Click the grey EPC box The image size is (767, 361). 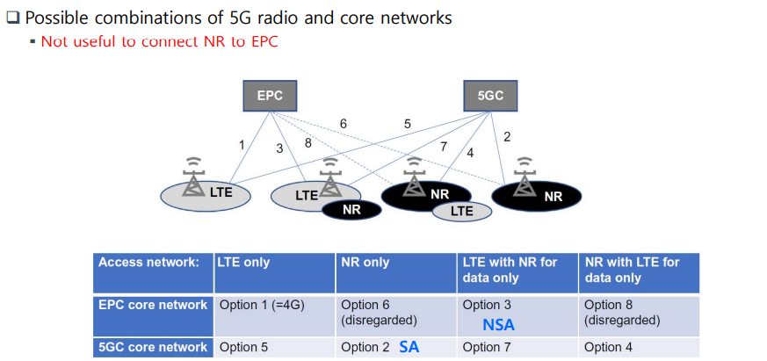pyautogui.click(x=270, y=96)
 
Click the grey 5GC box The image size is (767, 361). pyautogui.click(x=490, y=96)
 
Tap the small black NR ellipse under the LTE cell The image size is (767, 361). pyautogui.click(x=351, y=210)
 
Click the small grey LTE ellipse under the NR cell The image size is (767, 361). pyautogui.click(x=461, y=211)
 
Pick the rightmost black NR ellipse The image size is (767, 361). pyautogui.click(x=538, y=196)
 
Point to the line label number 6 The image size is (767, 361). pyautogui.click(x=343, y=125)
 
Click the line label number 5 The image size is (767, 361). pyautogui.click(x=407, y=125)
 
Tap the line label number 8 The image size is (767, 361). pyautogui.click(x=308, y=143)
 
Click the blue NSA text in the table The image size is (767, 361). pyautogui.click(x=498, y=324)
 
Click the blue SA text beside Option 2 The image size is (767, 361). pyautogui.click(x=409, y=346)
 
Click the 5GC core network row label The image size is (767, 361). pyautogui.click(x=153, y=347)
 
